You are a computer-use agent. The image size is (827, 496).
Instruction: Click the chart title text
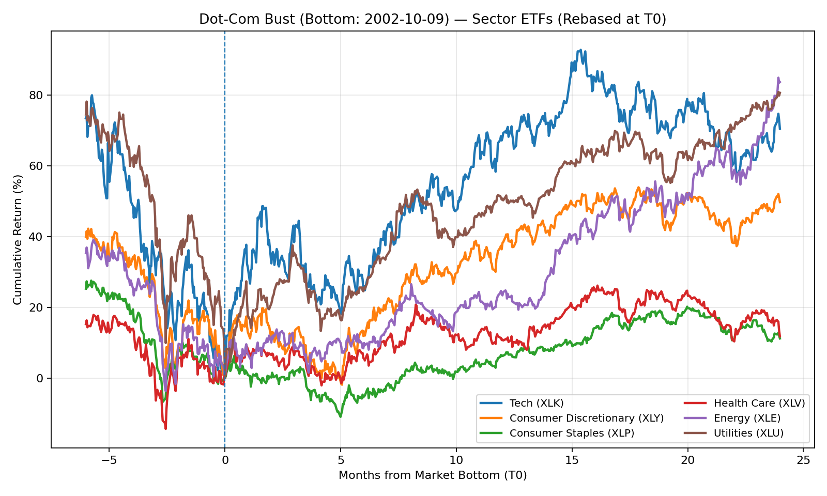pos(433,20)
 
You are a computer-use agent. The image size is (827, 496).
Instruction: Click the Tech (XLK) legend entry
pos(537,403)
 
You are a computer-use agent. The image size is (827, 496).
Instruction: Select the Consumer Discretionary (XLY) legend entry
pos(586,418)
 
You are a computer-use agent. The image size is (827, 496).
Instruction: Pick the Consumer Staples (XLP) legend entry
pos(572,433)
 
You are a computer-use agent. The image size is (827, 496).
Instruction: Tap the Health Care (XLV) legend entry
pos(759,403)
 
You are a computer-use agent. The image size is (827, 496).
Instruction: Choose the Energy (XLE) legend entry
pos(747,418)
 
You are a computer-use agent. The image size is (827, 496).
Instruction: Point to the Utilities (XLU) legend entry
pos(748,433)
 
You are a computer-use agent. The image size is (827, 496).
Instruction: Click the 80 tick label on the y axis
pos(39,96)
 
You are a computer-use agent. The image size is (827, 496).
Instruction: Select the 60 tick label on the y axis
pos(39,166)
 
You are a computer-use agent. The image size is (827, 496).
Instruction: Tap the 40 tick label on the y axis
pos(39,237)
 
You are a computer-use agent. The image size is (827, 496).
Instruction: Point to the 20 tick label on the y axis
pos(39,308)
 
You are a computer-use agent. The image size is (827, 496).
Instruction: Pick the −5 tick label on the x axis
pos(109,460)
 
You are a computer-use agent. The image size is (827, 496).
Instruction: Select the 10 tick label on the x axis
pos(456,460)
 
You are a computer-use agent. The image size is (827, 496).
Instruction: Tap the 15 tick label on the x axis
pos(572,460)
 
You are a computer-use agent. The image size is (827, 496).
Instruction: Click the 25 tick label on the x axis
pos(803,460)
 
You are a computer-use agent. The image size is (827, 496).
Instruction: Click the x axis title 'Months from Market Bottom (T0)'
pos(433,475)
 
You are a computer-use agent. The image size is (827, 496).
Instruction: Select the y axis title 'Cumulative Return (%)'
pos(18,239)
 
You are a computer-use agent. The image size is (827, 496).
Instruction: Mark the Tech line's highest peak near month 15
pos(580,50)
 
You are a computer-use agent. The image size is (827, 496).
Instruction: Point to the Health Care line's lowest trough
pos(165,428)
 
